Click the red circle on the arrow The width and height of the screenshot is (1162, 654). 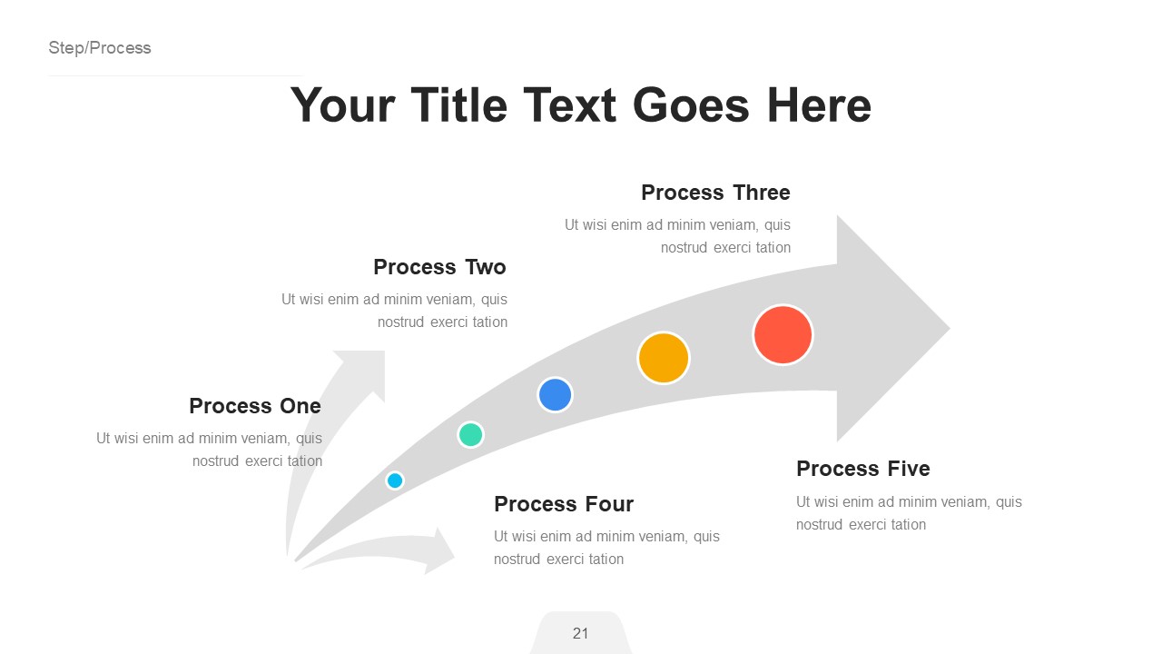(x=783, y=335)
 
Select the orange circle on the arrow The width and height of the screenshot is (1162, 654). (x=664, y=358)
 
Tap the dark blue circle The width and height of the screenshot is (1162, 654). (x=555, y=395)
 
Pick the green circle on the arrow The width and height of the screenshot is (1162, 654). (x=470, y=434)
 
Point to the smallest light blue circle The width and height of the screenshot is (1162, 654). (x=395, y=481)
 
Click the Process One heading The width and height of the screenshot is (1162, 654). (x=255, y=406)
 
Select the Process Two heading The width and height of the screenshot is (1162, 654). (x=439, y=267)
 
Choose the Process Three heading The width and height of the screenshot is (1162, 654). (x=715, y=193)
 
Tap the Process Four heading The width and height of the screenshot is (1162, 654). (x=564, y=504)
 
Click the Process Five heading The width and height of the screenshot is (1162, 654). (x=863, y=469)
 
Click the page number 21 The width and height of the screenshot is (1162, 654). (x=581, y=633)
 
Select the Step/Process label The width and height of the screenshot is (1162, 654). (x=100, y=48)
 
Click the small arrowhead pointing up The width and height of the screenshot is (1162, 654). (x=364, y=367)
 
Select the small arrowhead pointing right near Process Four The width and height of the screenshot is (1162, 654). (x=440, y=550)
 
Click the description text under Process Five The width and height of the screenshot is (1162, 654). (x=909, y=513)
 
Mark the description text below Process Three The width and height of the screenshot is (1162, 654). (x=677, y=236)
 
